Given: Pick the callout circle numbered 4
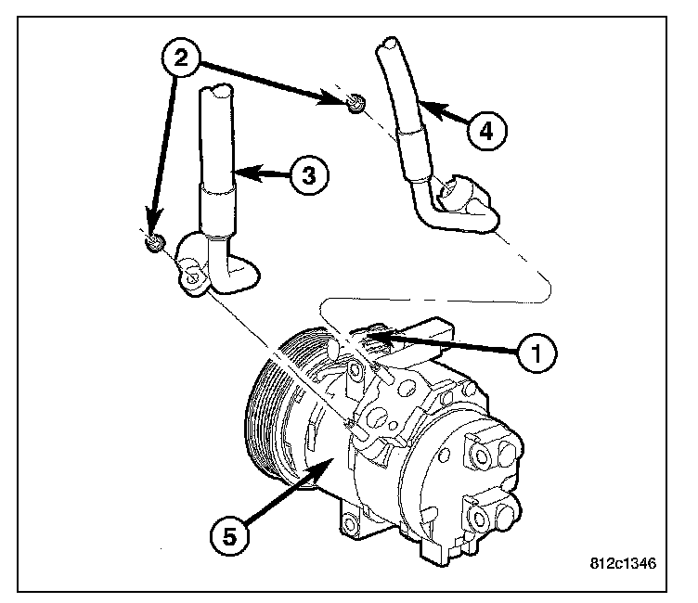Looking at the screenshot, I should [x=486, y=131].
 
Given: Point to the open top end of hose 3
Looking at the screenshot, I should [x=220, y=90].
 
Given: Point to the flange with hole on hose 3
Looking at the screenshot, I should [x=192, y=276].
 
